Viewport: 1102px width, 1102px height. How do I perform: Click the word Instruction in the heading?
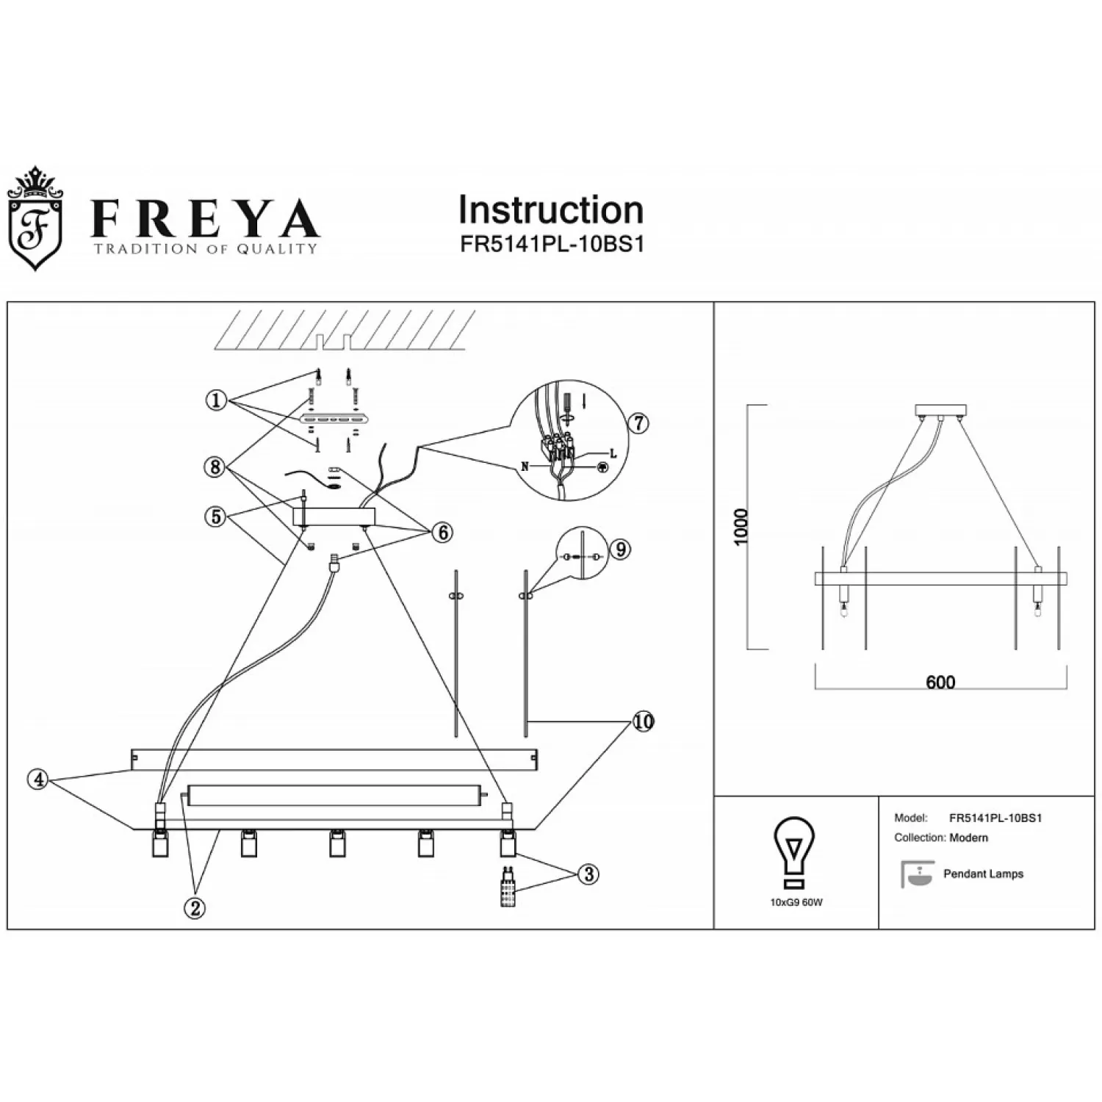[551, 210]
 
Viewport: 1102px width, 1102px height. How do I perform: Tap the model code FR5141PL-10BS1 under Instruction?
[552, 245]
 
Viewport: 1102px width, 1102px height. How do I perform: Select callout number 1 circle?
[216, 401]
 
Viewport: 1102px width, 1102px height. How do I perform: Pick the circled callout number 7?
[638, 422]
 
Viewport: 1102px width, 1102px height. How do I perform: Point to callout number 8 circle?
[215, 467]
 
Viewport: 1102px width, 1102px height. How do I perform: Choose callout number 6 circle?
[443, 532]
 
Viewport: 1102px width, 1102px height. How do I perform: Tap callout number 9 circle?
[620, 549]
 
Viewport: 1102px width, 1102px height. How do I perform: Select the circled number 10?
[643, 721]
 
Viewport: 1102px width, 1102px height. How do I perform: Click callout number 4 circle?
[39, 779]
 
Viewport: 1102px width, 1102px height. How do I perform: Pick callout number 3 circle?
[588, 874]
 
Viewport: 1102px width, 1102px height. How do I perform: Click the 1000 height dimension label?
[741, 527]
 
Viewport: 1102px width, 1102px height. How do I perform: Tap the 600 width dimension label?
[940, 683]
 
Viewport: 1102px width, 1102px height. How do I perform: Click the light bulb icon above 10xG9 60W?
[795, 853]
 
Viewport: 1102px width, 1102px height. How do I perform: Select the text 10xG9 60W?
[796, 902]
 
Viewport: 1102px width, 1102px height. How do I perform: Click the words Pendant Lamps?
[983, 874]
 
